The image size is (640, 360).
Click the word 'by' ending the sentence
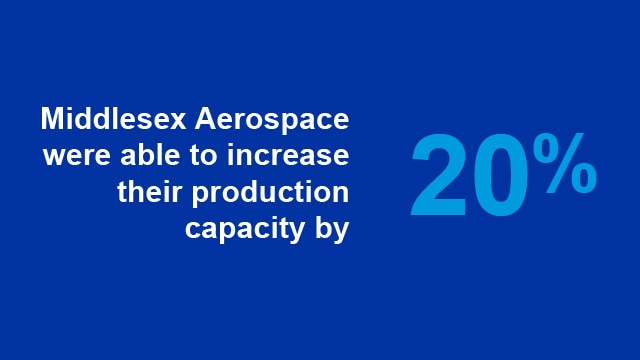(x=333, y=229)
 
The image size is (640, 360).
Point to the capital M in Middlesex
(x=53, y=120)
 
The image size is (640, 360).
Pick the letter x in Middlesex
(x=162, y=123)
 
